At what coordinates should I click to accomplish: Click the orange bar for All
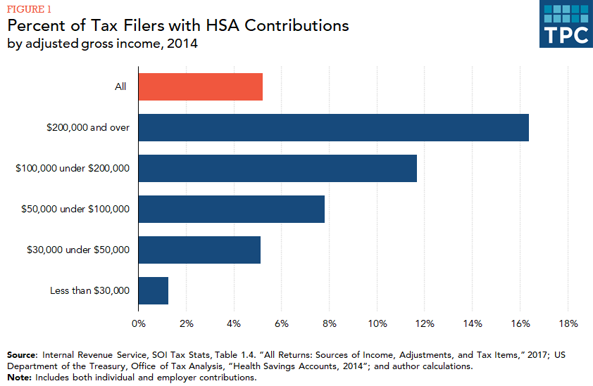[200, 86]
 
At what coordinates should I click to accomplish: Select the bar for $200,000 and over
[333, 127]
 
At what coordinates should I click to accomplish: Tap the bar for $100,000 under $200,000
[277, 168]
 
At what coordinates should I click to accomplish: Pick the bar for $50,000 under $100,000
[231, 209]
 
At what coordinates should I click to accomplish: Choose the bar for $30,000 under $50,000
[199, 250]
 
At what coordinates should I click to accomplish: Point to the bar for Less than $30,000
[153, 290]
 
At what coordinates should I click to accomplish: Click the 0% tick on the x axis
[139, 324]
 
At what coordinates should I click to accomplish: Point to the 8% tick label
[330, 324]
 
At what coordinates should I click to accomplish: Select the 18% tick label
[568, 324]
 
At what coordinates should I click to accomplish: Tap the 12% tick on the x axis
[425, 324]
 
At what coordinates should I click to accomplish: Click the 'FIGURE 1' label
[29, 9]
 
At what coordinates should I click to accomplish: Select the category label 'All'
[121, 86]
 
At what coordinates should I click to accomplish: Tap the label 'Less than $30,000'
[90, 290]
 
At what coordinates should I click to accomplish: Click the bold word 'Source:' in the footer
[23, 355]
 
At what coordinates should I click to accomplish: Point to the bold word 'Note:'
[19, 378]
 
